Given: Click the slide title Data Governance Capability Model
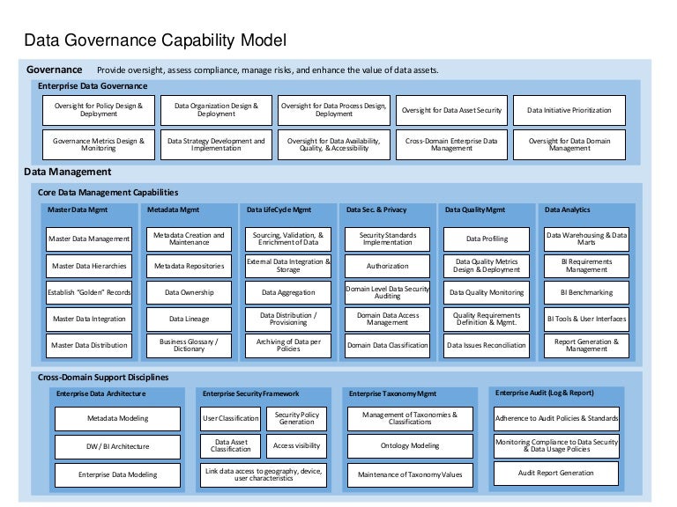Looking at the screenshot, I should [154, 40].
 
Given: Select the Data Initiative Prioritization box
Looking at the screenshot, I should [569, 111].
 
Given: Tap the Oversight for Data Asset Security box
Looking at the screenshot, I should [451, 111].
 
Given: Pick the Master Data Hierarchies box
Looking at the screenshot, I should [88, 266].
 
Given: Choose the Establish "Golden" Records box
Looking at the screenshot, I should [88, 292].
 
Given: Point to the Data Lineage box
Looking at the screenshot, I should [189, 319].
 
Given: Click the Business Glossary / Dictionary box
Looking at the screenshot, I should [189, 345].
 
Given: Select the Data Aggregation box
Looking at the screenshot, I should [288, 292].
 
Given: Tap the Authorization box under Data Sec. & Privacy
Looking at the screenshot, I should [388, 266].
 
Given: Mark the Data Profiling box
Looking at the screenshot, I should [487, 239].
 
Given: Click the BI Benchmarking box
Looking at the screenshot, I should [587, 292].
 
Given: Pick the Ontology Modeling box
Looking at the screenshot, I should [410, 446].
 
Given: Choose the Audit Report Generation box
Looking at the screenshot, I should [556, 474].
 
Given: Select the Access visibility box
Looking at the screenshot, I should [295, 446].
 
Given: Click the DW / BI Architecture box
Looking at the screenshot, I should [117, 446].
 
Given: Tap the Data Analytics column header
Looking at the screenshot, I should [567, 210].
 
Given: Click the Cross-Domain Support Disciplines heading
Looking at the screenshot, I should [103, 378].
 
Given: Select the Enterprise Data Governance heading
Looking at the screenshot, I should [93, 86].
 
